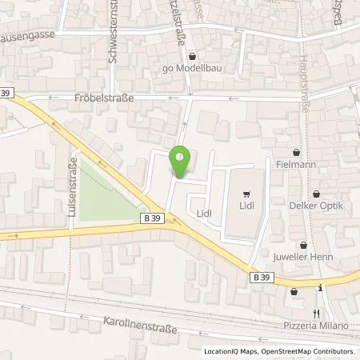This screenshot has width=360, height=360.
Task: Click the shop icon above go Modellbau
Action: (191, 57)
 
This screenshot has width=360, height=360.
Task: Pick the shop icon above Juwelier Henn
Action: (302, 245)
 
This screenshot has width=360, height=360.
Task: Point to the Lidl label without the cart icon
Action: (204, 214)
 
